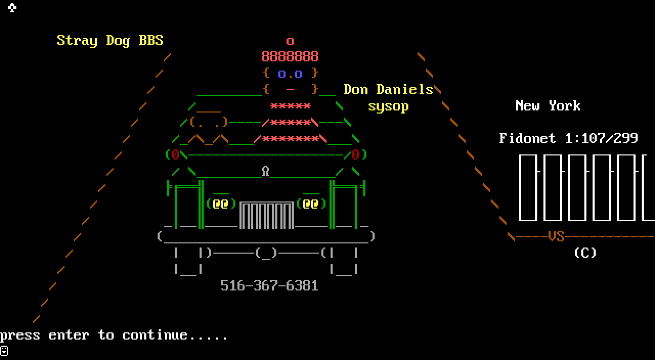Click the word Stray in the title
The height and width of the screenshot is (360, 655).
[x=77, y=40]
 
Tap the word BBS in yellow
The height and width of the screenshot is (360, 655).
[x=151, y=40]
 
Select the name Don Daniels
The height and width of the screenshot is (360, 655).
[x=388, y=89]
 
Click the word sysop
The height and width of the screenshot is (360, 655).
[x=388, y=106]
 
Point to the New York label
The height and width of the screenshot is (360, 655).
[x=548, y=106]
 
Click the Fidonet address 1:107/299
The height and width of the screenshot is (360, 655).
[x=601, y=138]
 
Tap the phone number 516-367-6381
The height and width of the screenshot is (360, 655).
[x=270, y=285]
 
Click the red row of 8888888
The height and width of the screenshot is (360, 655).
[x=290, y=56]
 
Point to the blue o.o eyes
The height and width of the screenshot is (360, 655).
[x=290, y=74]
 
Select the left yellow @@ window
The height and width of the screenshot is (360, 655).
[x=221, y=204]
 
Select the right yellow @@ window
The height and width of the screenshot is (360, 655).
[x=311, y=204]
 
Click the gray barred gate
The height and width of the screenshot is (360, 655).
[x=267, y=215]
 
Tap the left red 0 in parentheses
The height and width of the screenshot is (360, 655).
[x=176, y=154]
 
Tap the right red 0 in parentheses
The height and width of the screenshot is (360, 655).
[x=356, y=154]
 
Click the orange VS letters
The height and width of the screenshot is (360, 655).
[x=556, y=236]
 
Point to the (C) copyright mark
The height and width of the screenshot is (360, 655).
[x=585, y=253]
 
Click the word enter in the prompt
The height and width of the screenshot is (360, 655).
[x=69, y=335]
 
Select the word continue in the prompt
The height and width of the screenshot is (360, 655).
[x=155, y=335]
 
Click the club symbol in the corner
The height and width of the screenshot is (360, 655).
[x=12, y=8]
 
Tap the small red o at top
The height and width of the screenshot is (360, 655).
[x=290, y=41]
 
